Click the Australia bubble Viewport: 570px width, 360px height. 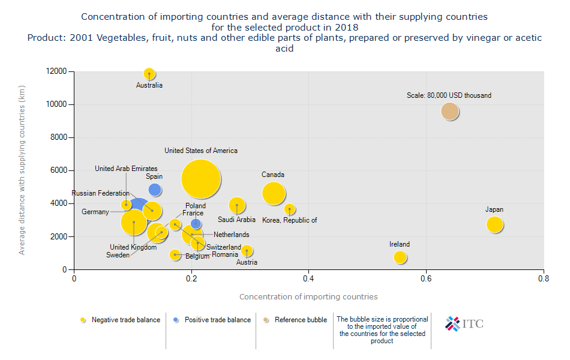click(x=149, y=74)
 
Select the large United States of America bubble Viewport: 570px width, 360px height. click(x=201, y=179)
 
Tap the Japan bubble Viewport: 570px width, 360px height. click(x=494, y=224)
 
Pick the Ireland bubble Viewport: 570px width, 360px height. click(x=400, y=257)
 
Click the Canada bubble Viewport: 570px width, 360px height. click(x=274, y=193)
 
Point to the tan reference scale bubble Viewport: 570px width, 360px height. click(x=450, y=111)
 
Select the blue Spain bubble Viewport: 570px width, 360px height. click(x=155, y=190)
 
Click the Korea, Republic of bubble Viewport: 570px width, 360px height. click(x=290, y=209)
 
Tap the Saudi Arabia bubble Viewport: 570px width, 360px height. click(x=237, y=205)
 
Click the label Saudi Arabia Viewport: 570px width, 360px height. click(x=236, y=220)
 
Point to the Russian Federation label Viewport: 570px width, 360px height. click(x=100, y=193)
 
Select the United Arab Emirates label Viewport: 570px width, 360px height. click(x=126, y=169)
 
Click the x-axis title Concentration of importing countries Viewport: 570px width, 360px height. click(x=308, y=296)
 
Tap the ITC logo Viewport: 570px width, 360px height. click(x=464, y=324)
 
